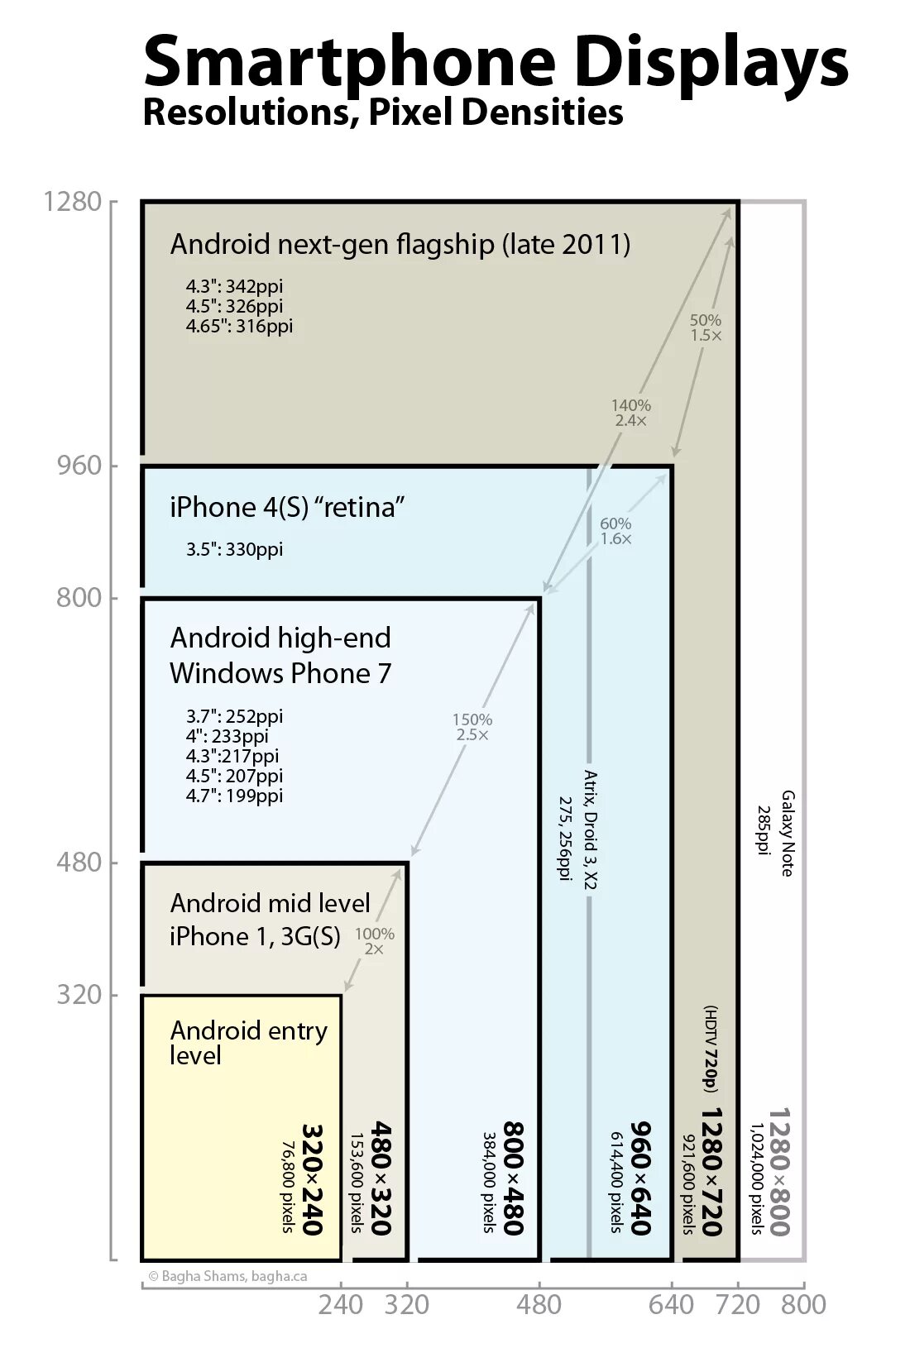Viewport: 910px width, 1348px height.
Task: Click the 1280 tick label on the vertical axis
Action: [x=73, y=203]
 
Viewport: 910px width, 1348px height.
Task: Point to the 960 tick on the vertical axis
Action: [x=79, y=466]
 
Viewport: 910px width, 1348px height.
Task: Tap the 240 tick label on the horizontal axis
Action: [x=341, y=1304]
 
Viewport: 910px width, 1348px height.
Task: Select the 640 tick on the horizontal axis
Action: [x=671, y=1304]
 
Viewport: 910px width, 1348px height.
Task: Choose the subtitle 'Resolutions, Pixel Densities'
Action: [x=383, y=112]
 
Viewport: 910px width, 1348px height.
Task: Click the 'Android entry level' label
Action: [x=248, y=1042]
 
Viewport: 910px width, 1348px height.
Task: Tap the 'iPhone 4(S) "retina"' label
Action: [x=287, y=507]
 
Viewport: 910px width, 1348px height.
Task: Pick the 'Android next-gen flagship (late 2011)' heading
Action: [x=400, y=245]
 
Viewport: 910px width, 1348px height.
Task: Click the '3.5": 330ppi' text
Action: [x=234, y=549]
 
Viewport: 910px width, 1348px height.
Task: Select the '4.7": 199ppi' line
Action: [x=234, y=796]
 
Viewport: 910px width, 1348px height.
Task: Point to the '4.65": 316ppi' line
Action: [x=239, y=326]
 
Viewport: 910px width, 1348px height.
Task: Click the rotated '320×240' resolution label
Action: [x=312, y=1178]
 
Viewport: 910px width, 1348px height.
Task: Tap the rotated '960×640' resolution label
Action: [x=642, y=1178]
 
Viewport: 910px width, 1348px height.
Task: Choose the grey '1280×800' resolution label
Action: [x=779, y=1172]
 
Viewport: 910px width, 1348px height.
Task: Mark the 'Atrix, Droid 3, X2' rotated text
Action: [x=591, y=829]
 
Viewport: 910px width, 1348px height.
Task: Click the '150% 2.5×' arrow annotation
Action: [x=472, y=727]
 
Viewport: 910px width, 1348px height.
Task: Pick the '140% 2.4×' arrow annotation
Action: [x=631, y=413]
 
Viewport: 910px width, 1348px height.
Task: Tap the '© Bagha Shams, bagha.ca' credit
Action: [x=227, y=1276]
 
